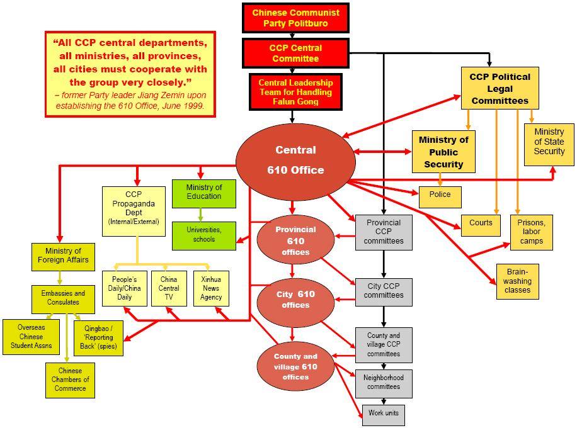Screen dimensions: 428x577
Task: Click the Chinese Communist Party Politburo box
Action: click(x=295, y=18)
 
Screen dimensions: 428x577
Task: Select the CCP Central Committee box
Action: click(x=295, y=53)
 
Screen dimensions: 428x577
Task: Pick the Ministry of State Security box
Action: click(x=549, y=144)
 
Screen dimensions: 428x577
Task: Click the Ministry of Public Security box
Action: click(x=443, y=152)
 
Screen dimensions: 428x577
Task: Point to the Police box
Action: click(x=440, y=196)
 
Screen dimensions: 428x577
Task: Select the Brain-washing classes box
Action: click(x=517, y=281)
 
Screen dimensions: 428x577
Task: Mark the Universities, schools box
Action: click(x=203, y=235)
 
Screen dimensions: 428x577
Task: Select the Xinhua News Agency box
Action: click(x=211, y=288)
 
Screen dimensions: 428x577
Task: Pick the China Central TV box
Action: click(x=169, y=288)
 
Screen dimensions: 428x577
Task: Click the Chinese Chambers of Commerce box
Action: click(x=70, y=380)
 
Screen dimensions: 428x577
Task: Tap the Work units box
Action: click(x=383, y=415)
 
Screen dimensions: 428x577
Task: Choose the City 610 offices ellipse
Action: click(x=295, y=301)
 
